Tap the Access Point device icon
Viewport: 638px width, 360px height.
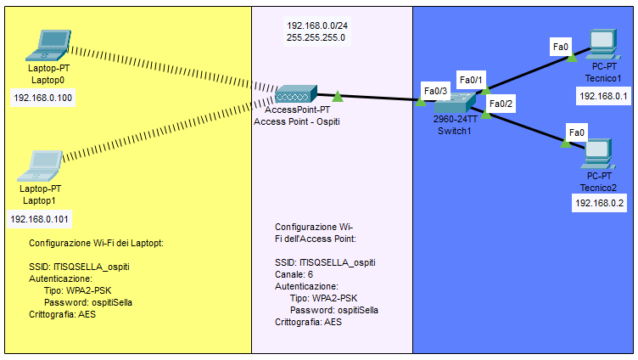(296, 94)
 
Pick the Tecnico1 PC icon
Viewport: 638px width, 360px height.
(602, 44)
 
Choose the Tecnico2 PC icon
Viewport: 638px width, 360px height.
(598, 152)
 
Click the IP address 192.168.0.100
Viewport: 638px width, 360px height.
(43, 98)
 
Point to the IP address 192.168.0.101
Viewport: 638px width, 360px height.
(38, 219)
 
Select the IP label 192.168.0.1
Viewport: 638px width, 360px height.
(603, 97)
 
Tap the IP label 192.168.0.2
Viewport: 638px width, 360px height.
(599, 203)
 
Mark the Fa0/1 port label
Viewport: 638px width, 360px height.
(470, 80)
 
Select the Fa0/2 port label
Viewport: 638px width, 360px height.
(501, 104)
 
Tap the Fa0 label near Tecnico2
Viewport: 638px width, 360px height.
(576, 132)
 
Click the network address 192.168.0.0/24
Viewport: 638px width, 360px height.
(318, 26)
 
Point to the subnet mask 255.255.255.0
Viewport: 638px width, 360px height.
(316, 38)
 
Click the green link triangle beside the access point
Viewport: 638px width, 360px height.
(338, 96)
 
